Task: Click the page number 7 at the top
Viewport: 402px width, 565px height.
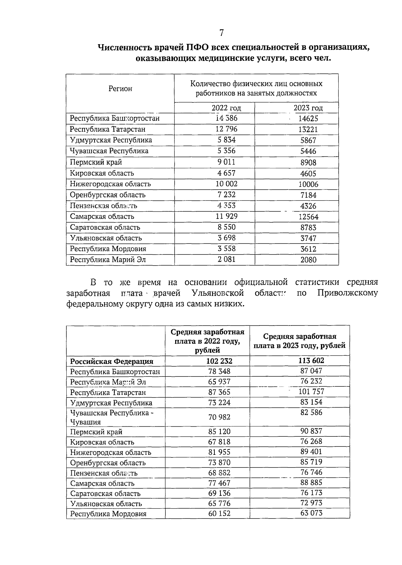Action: tap(221, 32)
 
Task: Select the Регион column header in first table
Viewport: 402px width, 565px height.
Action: tap(120, 88)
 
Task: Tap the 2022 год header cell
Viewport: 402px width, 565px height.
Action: tap(226, 108)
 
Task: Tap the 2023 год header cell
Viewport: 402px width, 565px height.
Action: tap(308, 108)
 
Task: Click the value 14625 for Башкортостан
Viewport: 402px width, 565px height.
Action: tap(308, 119)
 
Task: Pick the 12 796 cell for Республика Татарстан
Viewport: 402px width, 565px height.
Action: tap(226, 129)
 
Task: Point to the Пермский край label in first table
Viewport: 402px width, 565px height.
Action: tap(96, 162)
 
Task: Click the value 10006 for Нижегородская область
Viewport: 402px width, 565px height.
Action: tap(308, 184)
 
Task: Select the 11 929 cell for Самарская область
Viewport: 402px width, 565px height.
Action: tap(226, 216)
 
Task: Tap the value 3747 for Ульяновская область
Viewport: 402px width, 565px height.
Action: tap(308, 238)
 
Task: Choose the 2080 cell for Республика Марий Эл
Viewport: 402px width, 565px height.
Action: tap(308, 260)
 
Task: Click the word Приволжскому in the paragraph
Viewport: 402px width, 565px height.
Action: tap(347, 293)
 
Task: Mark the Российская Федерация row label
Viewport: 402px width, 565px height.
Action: tap(112, 361)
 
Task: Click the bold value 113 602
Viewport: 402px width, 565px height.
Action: tap(311, 360)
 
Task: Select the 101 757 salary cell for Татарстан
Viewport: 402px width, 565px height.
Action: tap(311, 392)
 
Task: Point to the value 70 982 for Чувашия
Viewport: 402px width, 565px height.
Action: tap(219, 417)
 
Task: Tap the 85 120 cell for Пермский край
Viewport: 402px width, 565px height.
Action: tap(219, 431)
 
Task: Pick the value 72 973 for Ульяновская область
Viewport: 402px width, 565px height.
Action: tap(311, 503)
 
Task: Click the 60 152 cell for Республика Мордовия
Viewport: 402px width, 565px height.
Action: tap(219, 513)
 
